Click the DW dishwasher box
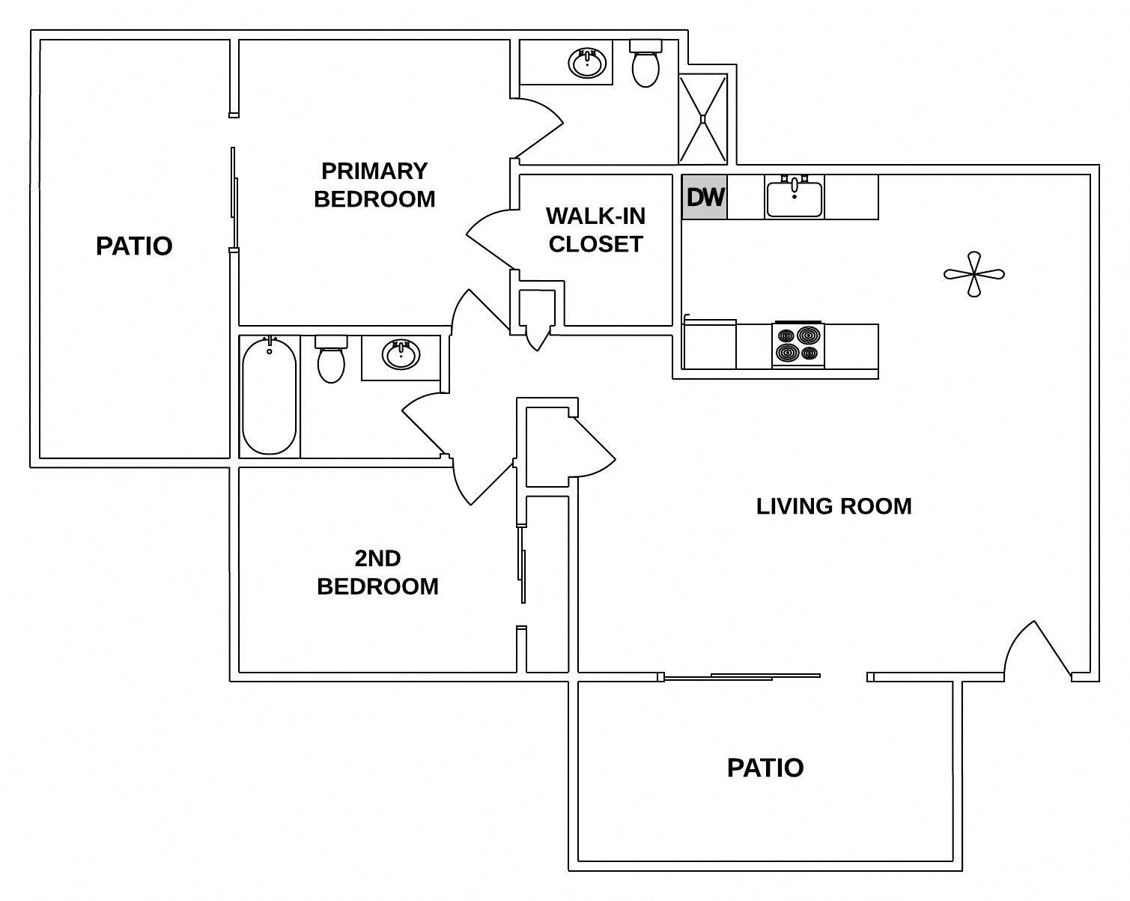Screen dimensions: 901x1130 tap(704, 197)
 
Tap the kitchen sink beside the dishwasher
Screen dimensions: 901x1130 tap(794, 197)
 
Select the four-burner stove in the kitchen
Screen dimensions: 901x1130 tap(798, 345)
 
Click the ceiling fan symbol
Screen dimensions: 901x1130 tap(973, 274)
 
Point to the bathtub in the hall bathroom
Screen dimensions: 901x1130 tap(269, 396)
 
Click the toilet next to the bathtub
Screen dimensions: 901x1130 tap(331, 360)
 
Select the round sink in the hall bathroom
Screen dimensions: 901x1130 tap(401, 354)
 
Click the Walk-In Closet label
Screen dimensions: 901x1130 tap(595, 230)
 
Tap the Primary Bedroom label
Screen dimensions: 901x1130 tap(374, 185)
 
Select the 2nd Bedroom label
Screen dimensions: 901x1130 tap(377, 572)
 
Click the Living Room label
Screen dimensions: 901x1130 tap(833, 506)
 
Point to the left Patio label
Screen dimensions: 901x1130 tap(134, 246)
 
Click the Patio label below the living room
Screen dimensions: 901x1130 tap(765, 768)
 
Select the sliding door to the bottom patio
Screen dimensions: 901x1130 tap(741, 677)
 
